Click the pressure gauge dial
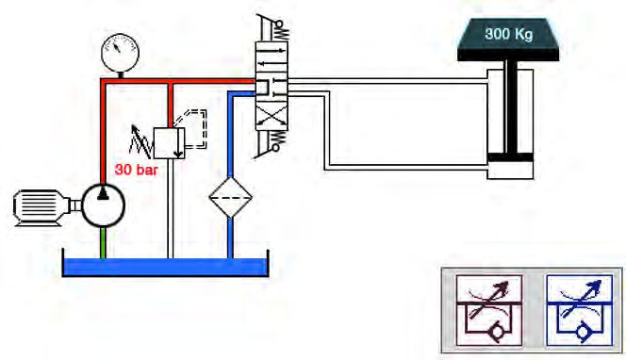coord(120,53)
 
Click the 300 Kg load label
coord(508,34)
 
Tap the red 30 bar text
coord(136,170)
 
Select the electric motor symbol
coord(41,207)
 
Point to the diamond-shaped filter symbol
coord(230,197)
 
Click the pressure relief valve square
coord(169,143)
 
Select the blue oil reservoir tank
coord(166,266)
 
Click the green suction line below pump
coord(103,242)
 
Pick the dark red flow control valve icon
coord(488,310)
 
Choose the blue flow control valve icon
coord(579,310)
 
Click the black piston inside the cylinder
coord(510,158)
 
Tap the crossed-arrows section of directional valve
coord(272,118)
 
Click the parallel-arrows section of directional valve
coord(272,55)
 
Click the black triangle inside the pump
coord(103,193)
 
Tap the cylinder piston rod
coord(511,106)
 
